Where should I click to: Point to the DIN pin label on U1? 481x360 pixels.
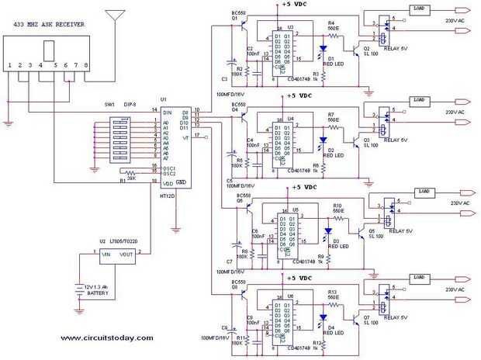pyautogui.click(x=166, y=112)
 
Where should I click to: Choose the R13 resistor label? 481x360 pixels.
pyautogui.click(x=331, y=291)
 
